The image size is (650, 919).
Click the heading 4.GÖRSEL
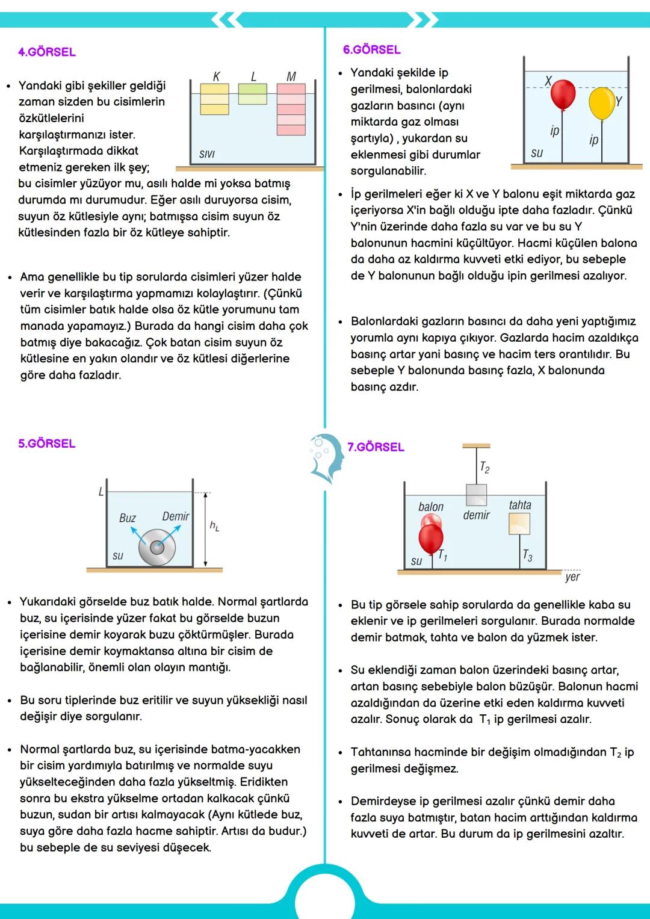tap(47, 52)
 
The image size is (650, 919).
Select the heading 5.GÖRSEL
tap(47, 444)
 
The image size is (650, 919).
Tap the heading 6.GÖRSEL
tap(371, 50)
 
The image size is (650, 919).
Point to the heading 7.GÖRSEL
tap(376, 447)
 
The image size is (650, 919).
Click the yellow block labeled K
tap(214, 99)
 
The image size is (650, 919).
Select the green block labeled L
tap(252, 94)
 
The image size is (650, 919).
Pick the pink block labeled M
tap(291, 109)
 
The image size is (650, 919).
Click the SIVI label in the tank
tap(206, 155)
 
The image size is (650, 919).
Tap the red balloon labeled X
tap(563, 95)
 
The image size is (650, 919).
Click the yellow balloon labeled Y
tap(601, 104)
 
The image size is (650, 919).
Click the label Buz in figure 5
tap(127, 518)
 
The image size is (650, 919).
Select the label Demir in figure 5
tap(175, 516)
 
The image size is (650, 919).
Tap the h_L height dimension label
tap(214, 526)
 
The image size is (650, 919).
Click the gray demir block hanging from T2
tap(476, 495)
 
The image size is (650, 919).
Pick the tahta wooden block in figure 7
tap(519, 524)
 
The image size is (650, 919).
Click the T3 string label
tap(527, 555)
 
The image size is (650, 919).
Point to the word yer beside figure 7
tap(572, 577)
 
